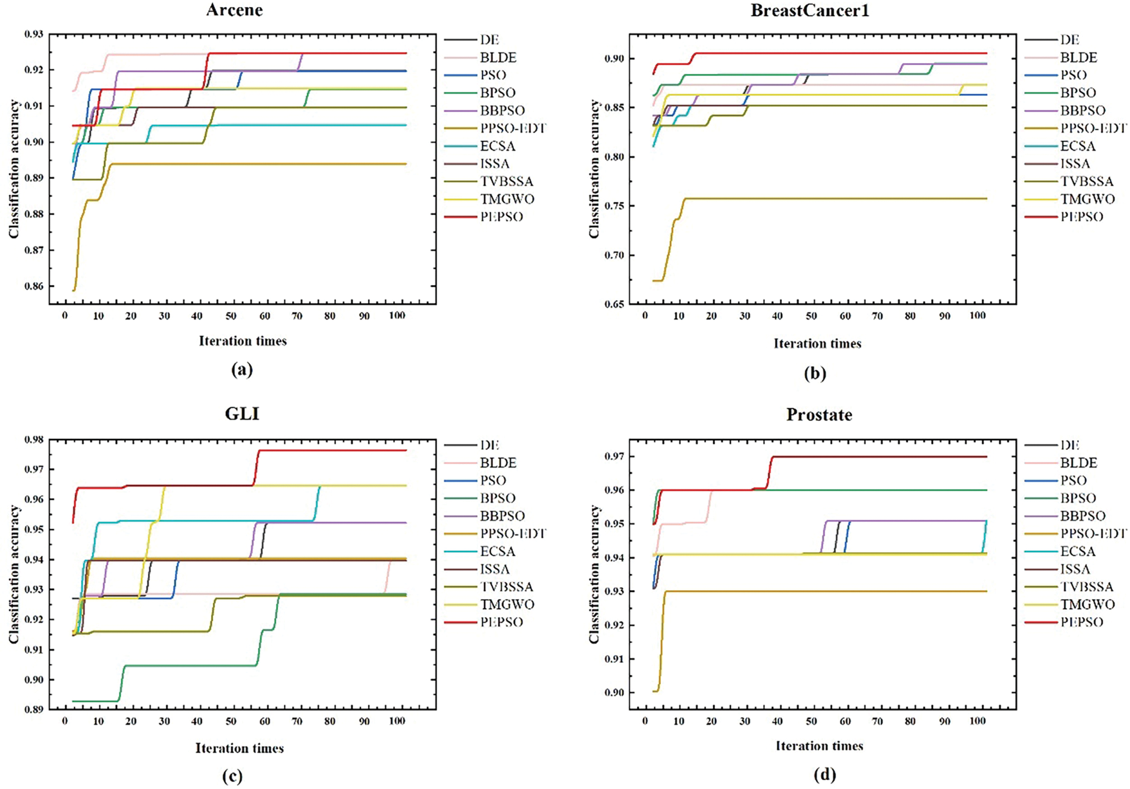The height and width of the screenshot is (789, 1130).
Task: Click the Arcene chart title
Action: click(x=234, y=10)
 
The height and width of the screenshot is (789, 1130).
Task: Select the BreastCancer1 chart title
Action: click(x=809, y=11)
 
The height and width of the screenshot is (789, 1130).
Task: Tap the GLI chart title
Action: click(x=242, y=414)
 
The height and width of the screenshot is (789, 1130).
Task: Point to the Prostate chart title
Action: click(x=819, y=415)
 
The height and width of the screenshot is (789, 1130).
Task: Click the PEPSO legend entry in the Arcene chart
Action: click(x=501, y=217)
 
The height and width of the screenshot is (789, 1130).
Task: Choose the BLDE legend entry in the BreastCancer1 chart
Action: click(x=1079, y=58)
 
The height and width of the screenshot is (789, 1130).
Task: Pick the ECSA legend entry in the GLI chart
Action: click(x=498, y=552)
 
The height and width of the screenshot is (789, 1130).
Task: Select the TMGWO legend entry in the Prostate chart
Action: click(x=1087, y=605)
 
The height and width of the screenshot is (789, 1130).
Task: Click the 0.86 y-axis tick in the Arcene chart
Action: click(x=33, y=286)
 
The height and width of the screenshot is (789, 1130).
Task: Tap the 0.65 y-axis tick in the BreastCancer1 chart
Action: click(x=613, y=304)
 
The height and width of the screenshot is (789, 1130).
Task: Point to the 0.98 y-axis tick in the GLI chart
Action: click(x=33, y=440)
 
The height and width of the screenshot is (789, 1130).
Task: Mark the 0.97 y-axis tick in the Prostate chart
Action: click(x=613, y=456)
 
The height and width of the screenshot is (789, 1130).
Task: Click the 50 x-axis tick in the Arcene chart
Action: click(x=231, y=316)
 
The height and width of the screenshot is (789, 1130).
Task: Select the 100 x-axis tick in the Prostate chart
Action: click(x=977, y=721)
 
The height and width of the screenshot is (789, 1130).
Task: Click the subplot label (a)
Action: click(x=241, y=370)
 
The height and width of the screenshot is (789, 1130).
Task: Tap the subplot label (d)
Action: click(x=825, y=775)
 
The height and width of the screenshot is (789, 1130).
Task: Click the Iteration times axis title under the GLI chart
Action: click(x=240, y=749)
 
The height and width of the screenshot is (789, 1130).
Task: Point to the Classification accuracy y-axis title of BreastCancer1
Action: click(x=594, y=170)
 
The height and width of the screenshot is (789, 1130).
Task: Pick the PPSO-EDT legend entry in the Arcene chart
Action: click(x=513, y=129)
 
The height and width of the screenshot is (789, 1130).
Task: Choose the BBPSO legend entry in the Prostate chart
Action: click(x=1082, y=516)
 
